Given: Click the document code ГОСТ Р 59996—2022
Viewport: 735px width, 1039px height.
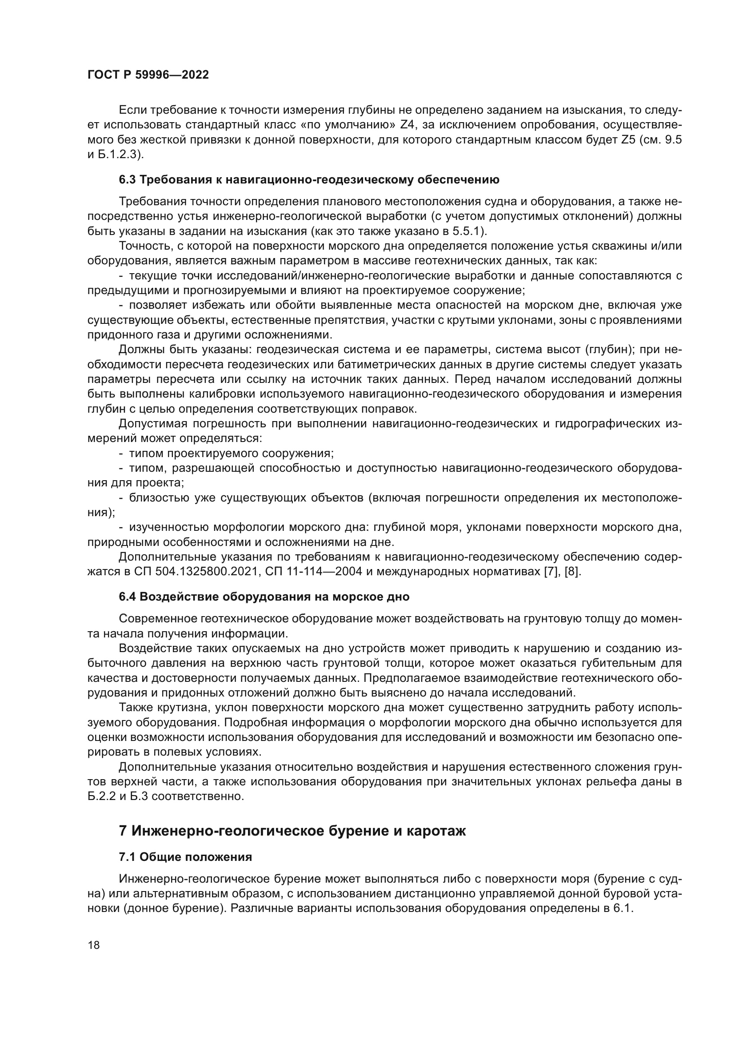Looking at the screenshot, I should tap(148, 75).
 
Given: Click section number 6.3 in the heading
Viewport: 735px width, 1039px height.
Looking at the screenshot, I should tap(127, 179).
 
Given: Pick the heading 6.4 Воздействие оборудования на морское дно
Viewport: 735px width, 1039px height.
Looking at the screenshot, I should tap(264, 597).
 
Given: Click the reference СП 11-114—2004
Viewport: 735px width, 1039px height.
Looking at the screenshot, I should tap(314, 572).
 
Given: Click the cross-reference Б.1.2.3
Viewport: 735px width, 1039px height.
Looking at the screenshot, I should tap(121, 154).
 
